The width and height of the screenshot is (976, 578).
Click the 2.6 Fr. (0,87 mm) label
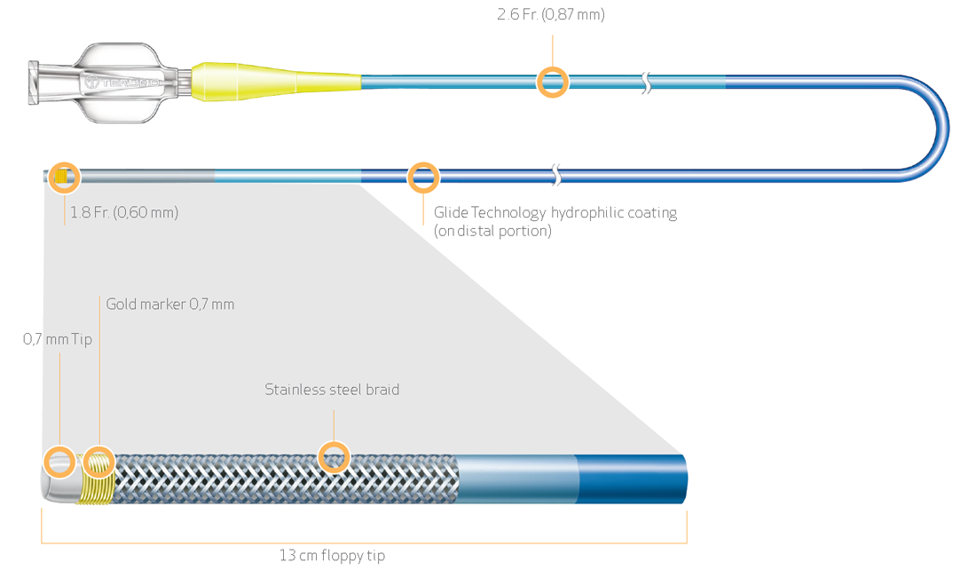coord(550,14)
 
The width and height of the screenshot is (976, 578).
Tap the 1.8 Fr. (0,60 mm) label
coord(124,213)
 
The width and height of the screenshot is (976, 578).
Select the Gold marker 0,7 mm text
coord(170,305)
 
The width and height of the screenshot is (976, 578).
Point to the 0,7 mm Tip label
coord(58,338)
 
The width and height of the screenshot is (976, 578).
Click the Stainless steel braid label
coord(332,390)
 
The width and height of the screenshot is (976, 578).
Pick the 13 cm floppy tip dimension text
coord(332,556)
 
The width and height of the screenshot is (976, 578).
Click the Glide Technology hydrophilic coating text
coord(555,213)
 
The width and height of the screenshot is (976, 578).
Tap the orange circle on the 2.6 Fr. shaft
coord(553,83)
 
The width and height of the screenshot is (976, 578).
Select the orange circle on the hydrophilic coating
coord(423,177)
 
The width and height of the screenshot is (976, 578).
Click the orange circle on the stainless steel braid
coord(334,458)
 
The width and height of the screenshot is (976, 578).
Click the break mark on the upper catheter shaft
coord(647,83)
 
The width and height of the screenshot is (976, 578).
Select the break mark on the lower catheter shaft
coord(556,175)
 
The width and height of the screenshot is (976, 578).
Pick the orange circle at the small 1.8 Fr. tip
coord(64,177)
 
